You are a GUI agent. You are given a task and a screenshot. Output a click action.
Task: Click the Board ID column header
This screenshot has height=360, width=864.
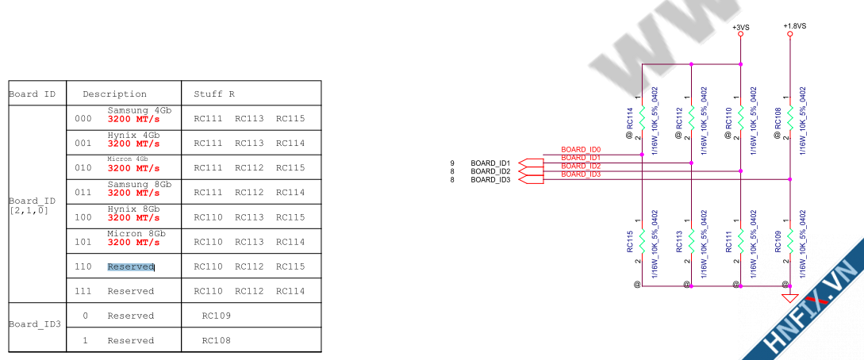coord(32,94)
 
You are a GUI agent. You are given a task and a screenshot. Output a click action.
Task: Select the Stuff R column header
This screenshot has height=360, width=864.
coord(214,94)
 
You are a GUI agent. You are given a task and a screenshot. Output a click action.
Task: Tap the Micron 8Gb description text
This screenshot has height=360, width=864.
coord(136,234)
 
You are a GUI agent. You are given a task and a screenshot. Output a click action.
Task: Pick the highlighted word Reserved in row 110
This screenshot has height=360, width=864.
coord(130,267)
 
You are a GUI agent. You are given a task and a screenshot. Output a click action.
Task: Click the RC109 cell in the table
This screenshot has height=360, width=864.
coord(217,316)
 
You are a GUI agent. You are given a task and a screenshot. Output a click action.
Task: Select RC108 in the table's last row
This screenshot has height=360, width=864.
coord(217,340)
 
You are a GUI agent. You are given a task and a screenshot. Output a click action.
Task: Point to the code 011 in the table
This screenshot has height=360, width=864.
coord(83,193)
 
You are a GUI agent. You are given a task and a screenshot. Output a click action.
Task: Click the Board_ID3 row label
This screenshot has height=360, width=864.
coord(35,324)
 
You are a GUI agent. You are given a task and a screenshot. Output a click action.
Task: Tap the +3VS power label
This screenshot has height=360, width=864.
coord(740,26)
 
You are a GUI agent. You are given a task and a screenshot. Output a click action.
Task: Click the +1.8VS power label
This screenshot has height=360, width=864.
coord(794,26)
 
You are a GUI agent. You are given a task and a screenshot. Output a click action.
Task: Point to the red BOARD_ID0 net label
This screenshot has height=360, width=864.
coord(581,149)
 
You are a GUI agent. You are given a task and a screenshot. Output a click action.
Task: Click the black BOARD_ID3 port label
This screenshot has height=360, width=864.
coord(490,180)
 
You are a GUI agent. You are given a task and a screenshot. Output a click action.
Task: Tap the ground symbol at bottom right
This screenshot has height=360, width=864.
coord(789,298)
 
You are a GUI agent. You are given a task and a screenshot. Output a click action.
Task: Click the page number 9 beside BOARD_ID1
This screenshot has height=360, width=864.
coord(452,163)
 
